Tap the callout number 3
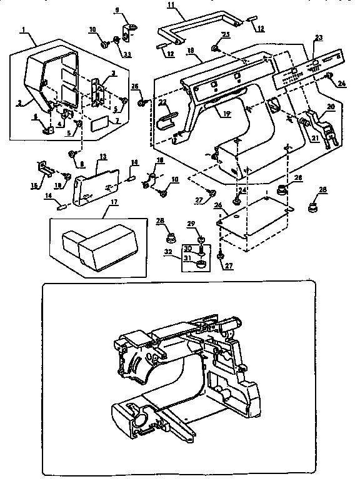[112, 74]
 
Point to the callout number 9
[116, 10]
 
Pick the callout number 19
[223, 114]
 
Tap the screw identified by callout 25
[215, 49]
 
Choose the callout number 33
[127, 55]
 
